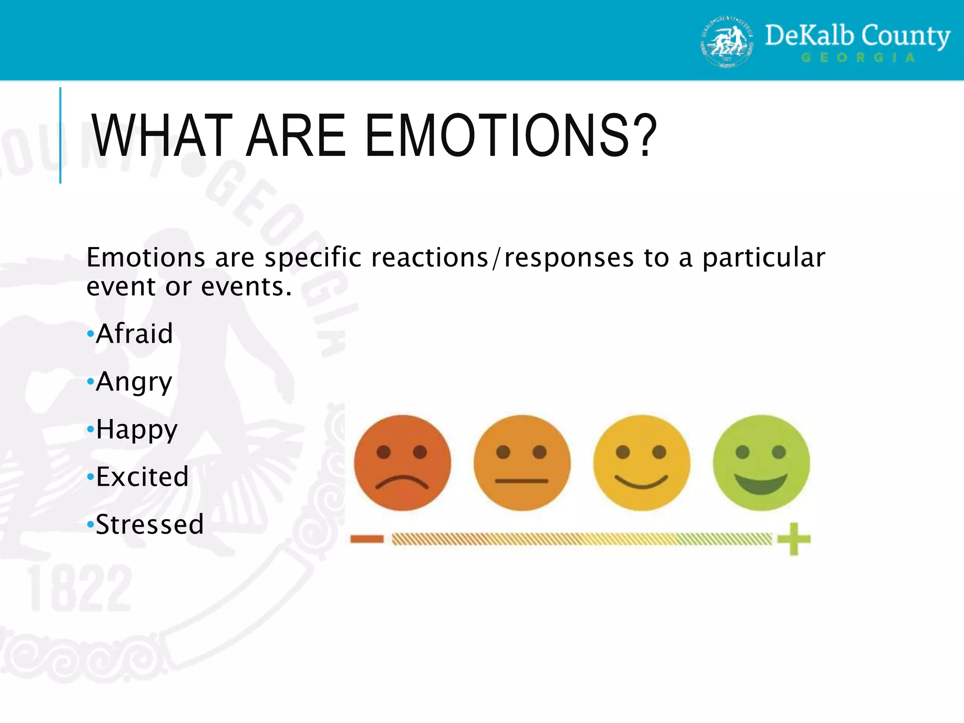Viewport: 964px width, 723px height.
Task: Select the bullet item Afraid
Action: (x=134, y=334)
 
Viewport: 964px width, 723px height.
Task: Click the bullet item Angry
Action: (x=134, y=382)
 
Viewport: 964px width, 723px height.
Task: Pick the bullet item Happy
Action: (x=137, y=430)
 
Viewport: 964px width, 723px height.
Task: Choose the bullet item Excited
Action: (x=142, y=477)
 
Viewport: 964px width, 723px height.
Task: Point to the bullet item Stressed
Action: (x=150, y=524)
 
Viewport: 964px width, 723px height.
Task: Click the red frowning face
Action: (x=402, y=463)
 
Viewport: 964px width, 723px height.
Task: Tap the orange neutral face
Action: (x=522, y=463)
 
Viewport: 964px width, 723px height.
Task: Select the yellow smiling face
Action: (x=642, y=463)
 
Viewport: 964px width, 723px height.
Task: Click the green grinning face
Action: (x=761, y=463)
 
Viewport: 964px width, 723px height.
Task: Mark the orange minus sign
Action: (x=367, y=539)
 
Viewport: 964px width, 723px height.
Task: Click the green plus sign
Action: (x=794, y=539)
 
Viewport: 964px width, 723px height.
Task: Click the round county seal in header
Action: (x=727, y=42)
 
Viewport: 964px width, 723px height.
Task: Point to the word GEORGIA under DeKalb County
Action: (x=858, y=58)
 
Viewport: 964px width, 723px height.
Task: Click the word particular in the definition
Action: (x=763, y=258)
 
